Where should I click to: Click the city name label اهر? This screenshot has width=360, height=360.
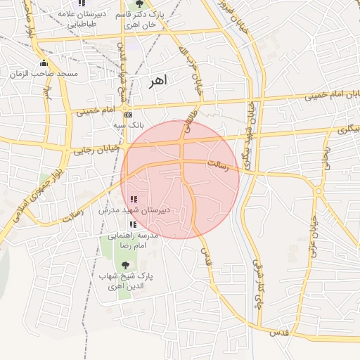159,82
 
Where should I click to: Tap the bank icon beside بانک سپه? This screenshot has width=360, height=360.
127,115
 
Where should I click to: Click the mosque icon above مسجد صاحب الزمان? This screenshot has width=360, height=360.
44,63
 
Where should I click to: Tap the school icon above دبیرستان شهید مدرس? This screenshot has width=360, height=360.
134,199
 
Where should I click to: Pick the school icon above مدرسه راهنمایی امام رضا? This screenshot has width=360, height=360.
133,224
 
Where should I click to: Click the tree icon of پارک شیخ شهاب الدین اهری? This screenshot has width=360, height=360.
125,265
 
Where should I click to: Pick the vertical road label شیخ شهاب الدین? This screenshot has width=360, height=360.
121,67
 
